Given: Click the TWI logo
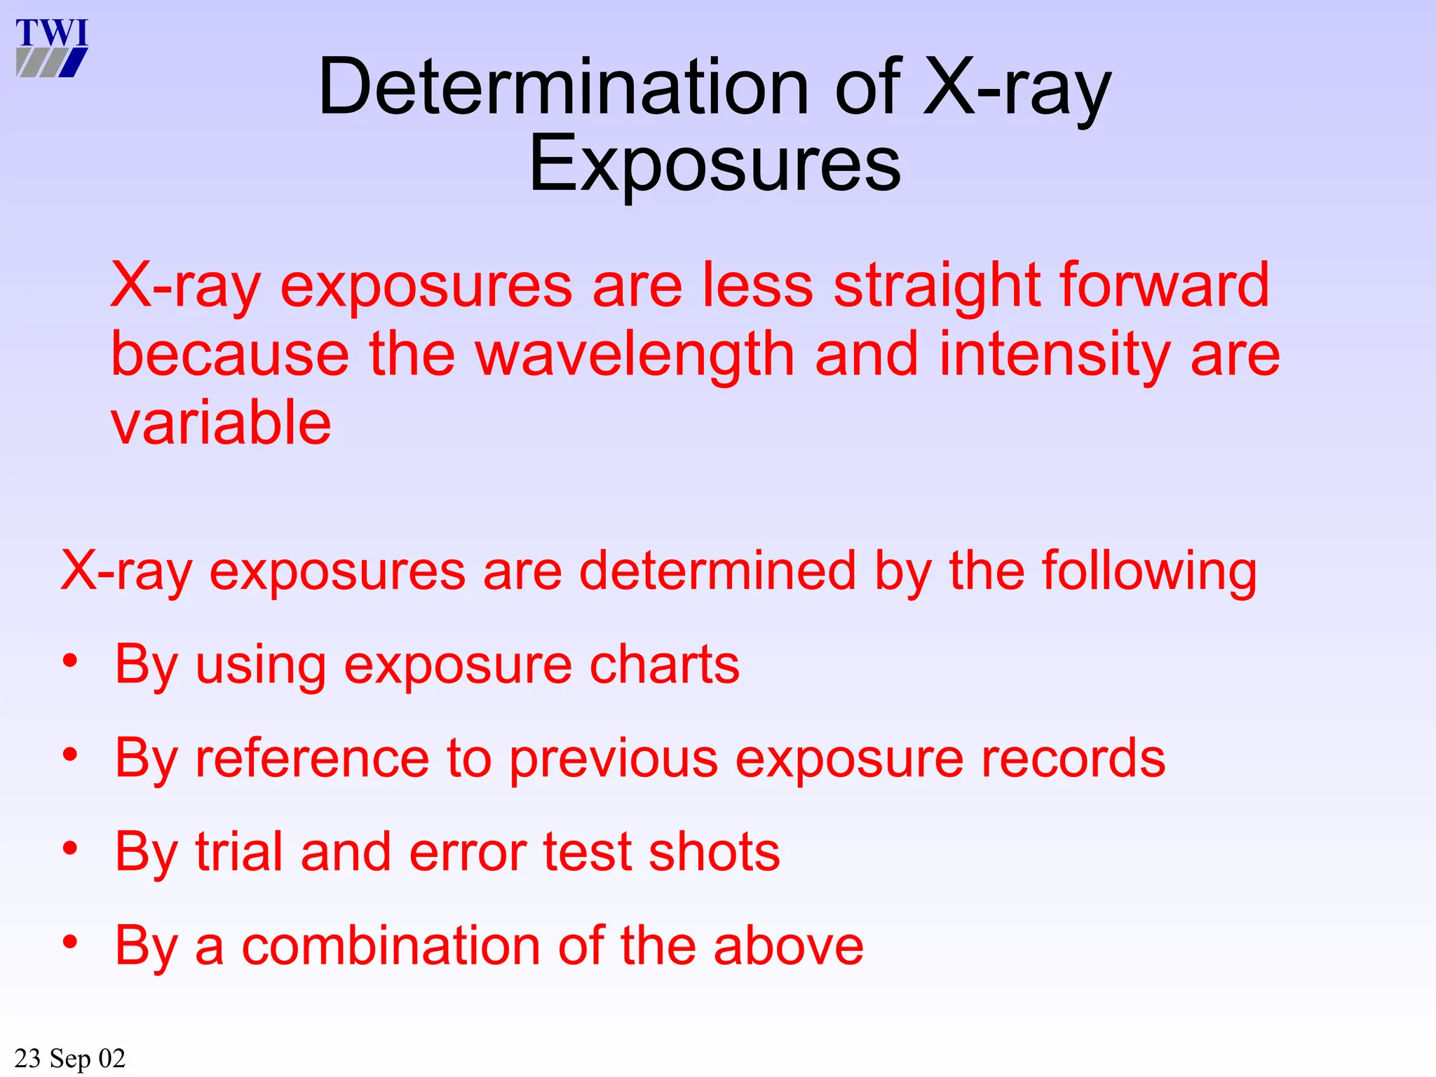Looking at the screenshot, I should point(52,47).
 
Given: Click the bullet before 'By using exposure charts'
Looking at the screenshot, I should point(70,661).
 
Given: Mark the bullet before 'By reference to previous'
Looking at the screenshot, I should point(70,755).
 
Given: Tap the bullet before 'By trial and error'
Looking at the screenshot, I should point(70,849).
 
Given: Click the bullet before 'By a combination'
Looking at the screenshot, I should point(70,942).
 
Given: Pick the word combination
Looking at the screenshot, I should point(390,946).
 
